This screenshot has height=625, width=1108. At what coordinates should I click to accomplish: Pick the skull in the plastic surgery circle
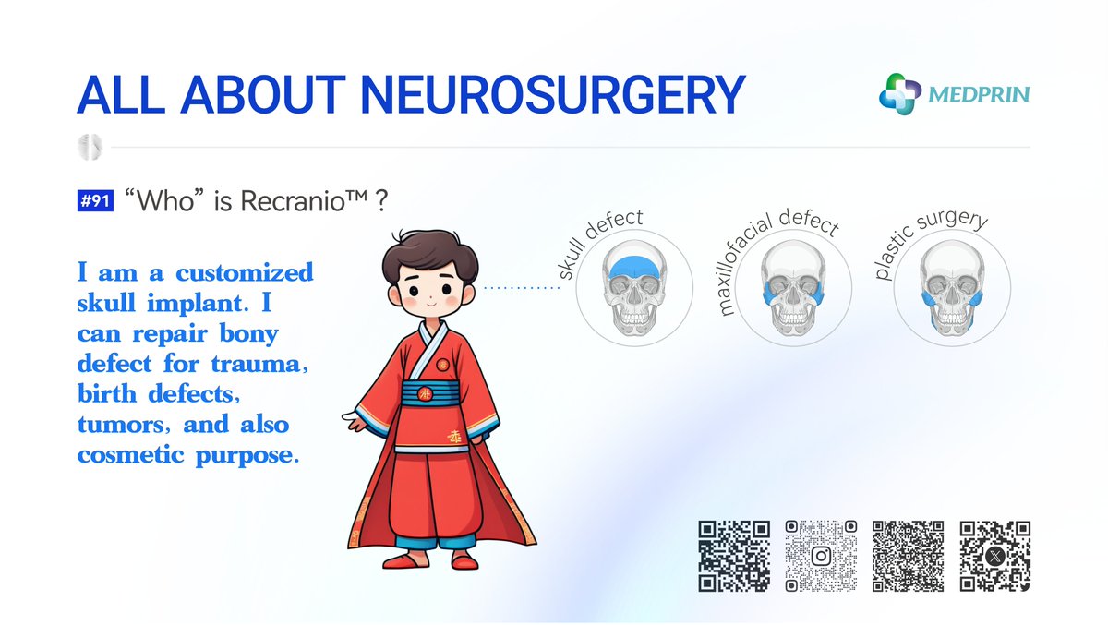point(950,289)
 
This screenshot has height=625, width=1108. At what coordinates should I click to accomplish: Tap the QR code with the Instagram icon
point(820,556)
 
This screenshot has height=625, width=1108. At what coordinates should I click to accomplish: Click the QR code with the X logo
point(994,556)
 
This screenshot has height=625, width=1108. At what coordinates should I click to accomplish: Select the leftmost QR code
point(733,556)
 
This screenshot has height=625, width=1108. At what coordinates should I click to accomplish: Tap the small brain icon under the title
point(90,146)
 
